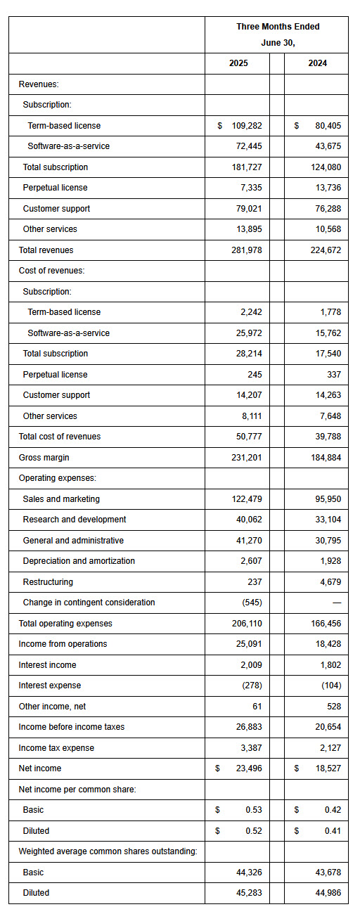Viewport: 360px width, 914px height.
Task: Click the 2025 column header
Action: pyautogui.click(x=238, y=63)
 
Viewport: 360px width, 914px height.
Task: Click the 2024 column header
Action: pyautogui.click(x=318, y=63)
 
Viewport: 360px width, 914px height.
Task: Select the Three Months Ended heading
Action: pyautogui.click(x=278, y=27)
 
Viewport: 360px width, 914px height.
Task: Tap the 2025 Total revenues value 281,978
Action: pyautogui.click(x=247, y=250)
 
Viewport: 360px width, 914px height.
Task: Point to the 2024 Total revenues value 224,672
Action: pyautogui.click(x=326, y=250)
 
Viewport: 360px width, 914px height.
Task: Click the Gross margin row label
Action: pyautogui.click(x=44, y=458)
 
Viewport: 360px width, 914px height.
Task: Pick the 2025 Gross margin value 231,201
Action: pyautogui.click(x=247, y=458)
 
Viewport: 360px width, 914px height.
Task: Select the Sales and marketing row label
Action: pyautogui.click(x=61, y=499)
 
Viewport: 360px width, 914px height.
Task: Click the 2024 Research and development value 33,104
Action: pyautogui.click(x=328, y=520)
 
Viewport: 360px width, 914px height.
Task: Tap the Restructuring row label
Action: pyautogui.click(x=48, y=582)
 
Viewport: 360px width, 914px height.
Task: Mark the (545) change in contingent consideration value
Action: pyautogui.click(x=252, y=603)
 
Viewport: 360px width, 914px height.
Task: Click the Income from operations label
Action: pyautogui.click(x=63, y=644)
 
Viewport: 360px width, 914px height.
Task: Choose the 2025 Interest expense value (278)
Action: pyautogui.click(x=252, y=685)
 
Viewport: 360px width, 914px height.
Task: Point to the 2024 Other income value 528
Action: pyautogui.click(x=334, y=707)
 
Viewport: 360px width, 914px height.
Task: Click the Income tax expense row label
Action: pyautogui.click(x=56, y=748)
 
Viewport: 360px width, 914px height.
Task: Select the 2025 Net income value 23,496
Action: pyautogui.click(x=249, y=768)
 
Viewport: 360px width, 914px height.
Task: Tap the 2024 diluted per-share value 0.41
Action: pyautogui.click(x=333, y=831)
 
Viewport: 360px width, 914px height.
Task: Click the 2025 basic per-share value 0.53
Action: pyautogui.click(x=254, y=809)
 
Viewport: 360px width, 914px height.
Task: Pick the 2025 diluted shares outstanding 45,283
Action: pyautogui.click(x=249, y=893)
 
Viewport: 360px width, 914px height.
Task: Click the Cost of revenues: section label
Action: pyautogui.click(x=52, y=271)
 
